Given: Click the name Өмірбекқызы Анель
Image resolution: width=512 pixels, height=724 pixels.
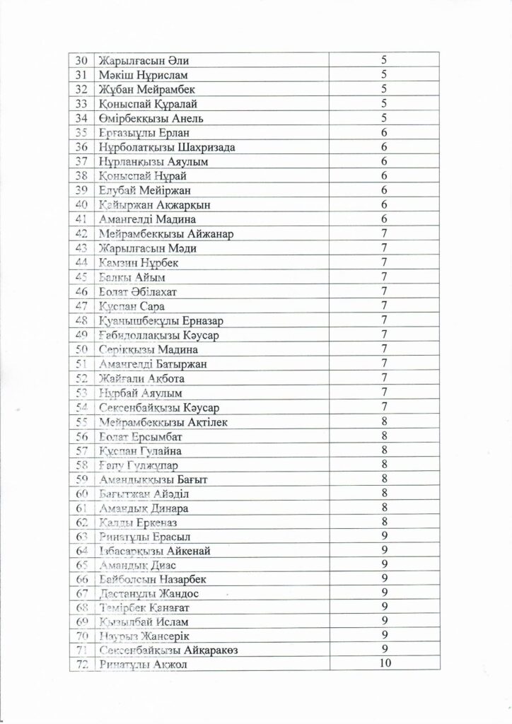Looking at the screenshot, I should [x=153, y=118].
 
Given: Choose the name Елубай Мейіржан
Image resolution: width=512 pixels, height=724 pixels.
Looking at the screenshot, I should [x=146, y=190].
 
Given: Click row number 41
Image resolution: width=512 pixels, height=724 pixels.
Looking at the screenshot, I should [x=80, y=219].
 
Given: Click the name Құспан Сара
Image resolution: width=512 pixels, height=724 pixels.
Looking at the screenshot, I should [x=132, y=306].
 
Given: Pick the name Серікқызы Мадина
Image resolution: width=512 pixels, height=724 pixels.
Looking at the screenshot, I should [x=149, y=349].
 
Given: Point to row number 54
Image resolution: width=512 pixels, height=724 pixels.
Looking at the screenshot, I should [x=80, y=407].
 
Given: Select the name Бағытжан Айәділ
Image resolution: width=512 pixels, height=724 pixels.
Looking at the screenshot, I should [x=147, y=494].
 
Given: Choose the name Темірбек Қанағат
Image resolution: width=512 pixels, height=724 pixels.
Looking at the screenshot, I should [x=146, y=608].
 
